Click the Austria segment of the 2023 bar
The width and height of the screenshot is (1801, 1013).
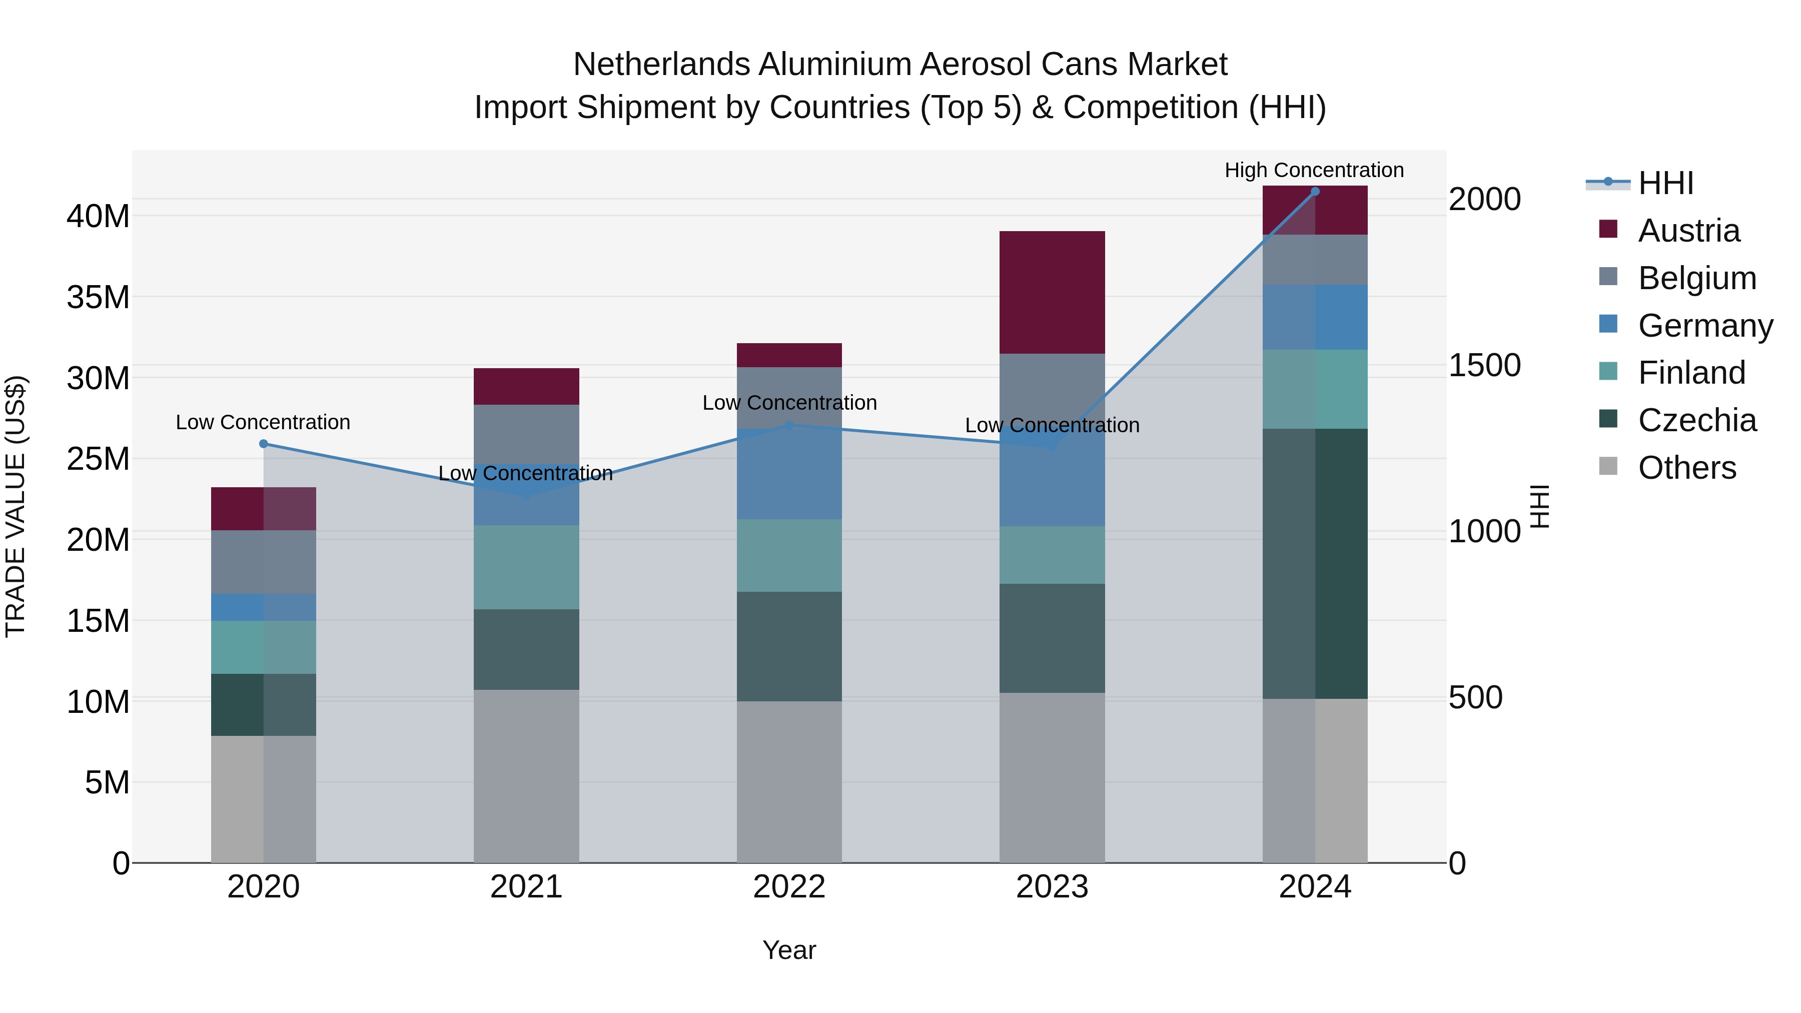(x=1052, y=292)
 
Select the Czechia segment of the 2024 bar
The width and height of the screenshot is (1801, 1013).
(x=1314, y=563)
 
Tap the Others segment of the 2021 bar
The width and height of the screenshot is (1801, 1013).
(x=526, y=776)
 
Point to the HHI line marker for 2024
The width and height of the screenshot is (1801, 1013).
(x=1314, y=192)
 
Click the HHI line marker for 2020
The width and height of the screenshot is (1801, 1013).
(x=264, y=444)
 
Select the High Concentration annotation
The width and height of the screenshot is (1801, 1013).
(x=1314, y=170)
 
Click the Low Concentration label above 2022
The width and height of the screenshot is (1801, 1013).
(x=789, y=403)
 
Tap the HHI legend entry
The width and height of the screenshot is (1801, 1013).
(x=1665, y=183)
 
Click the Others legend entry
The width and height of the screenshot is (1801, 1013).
(x=1686, y=468)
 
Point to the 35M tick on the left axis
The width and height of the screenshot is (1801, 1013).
(x=98, y=298)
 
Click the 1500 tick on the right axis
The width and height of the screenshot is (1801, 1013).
(x=1484, y=365)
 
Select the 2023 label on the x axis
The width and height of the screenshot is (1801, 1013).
(x=1052, y=887)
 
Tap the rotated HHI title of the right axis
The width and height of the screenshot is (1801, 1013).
(x=1539, y=506)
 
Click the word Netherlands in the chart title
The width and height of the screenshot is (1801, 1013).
(x=661, y=65)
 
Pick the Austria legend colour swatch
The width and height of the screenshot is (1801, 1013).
(x=1608, y=229)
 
